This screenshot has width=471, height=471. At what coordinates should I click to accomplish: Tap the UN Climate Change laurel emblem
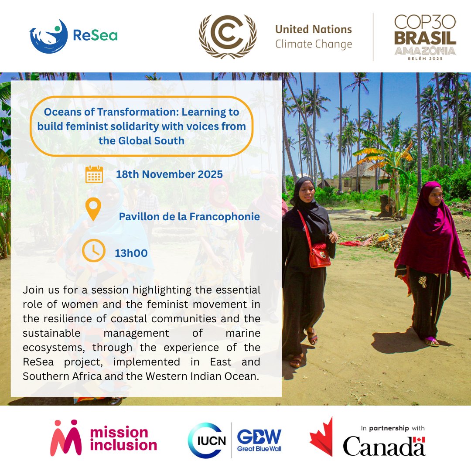click(228, 37)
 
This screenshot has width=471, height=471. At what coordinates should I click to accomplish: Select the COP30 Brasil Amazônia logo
click(425, 37)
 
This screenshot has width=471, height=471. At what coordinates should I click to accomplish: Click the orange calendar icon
click(94, 174)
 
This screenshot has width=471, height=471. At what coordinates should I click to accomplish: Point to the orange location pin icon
click(93, 209)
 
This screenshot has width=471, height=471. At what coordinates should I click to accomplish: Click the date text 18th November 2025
click(169, 174)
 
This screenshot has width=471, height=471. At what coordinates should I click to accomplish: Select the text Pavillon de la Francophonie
click(190, 216)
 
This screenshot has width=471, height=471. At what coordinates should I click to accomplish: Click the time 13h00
click(131, 253)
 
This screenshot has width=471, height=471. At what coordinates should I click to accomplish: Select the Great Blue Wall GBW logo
click(259, 440)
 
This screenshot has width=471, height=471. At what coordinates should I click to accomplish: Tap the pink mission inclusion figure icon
click(65, 438)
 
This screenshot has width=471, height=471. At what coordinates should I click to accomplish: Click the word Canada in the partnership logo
click(384, 446)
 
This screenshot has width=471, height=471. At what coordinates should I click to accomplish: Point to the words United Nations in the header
click(314, 30)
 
